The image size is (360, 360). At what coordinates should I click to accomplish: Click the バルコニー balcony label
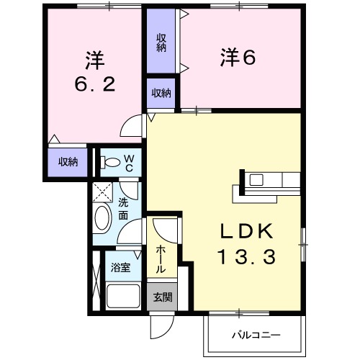coord(255,335)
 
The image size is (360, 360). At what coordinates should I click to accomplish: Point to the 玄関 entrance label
coord(162,297)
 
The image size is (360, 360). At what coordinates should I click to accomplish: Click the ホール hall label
coord(161,258)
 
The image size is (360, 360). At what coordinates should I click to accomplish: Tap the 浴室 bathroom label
coord(120,268)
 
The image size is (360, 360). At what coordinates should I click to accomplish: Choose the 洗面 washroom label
coord(124,209)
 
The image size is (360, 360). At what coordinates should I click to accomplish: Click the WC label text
coord(128,163)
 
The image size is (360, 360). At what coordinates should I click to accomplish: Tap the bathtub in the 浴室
coord(123,296)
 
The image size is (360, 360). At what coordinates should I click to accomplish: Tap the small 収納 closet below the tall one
coord(161,93)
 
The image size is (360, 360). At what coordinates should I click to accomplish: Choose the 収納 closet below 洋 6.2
coord(68,161)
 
